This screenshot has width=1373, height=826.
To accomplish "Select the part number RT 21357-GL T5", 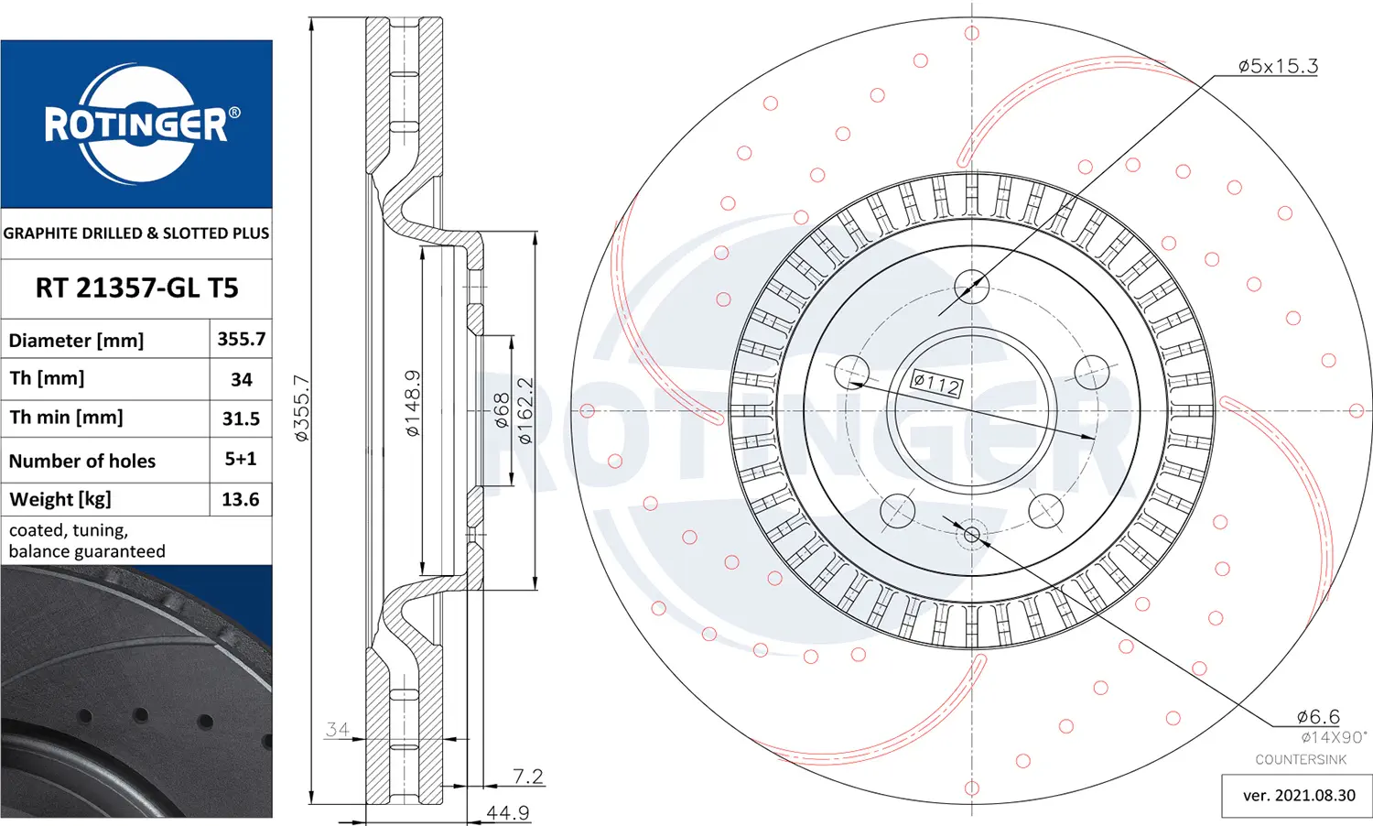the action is (x=136, y=288).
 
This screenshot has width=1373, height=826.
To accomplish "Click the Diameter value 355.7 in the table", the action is (x=241, y=339).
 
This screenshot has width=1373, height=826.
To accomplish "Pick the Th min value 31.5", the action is (x=241, y=418).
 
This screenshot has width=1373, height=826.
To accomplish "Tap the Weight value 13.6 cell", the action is (x=241, y=499).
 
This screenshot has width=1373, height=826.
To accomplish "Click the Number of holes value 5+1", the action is (x=240, y=459).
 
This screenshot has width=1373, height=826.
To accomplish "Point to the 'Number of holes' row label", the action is (x=82, y=462).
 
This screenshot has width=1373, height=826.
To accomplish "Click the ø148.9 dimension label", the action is (x=413, y=403).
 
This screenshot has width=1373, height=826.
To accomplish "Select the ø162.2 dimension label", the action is (x=525, y=410).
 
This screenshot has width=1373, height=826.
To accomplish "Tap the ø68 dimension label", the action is (x=502, y=410).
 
